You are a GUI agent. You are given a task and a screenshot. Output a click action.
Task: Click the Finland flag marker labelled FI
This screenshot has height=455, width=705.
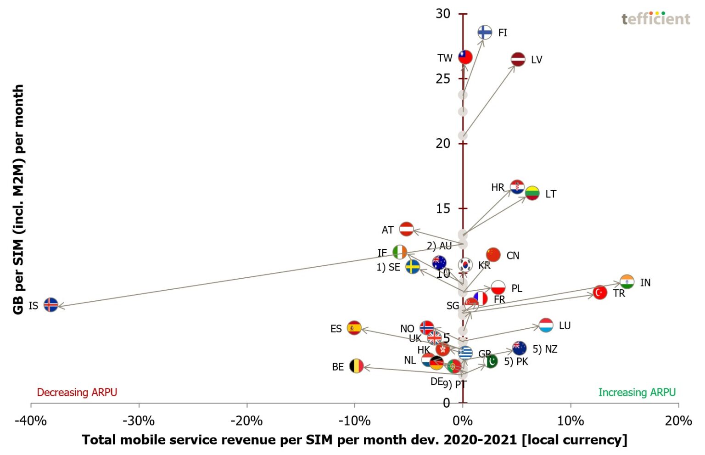485,32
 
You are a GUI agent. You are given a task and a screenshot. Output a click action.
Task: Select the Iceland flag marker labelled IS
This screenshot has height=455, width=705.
51,304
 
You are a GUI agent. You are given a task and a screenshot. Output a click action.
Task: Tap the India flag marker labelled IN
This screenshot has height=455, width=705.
627,281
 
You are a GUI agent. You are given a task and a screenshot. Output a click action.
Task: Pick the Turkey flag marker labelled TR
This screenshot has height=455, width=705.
600,292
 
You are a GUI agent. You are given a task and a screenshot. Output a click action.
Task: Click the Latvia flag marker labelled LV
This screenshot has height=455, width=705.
518,59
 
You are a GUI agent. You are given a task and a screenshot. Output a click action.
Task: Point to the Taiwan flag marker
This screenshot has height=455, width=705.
465,57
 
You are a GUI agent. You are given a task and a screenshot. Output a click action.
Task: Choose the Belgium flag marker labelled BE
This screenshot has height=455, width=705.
356,366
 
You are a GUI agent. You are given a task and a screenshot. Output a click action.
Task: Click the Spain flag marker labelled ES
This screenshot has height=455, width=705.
354,328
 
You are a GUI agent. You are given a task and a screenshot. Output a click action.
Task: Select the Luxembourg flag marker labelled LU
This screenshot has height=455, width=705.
546,325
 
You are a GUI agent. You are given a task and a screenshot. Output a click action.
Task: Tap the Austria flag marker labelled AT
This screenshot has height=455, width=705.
406,229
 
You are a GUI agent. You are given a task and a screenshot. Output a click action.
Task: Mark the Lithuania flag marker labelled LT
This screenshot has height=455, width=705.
532,193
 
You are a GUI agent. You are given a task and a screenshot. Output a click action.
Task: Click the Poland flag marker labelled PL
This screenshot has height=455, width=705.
498,288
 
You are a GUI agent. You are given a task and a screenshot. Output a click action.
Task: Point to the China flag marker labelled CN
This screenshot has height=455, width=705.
493,254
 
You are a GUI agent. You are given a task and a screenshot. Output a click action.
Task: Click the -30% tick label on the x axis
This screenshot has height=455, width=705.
139,421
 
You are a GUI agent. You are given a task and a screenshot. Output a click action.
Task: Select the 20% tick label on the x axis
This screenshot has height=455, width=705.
678,421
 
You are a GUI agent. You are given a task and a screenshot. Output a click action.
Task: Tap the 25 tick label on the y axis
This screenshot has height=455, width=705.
443,79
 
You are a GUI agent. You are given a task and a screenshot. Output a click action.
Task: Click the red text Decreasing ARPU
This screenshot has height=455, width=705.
77,392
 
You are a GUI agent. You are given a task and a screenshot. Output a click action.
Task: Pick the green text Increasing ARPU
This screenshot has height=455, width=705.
637,392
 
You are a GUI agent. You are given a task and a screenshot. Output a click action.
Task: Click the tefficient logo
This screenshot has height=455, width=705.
656,18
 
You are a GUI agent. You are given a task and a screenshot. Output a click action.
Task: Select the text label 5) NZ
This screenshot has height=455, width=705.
545,349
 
